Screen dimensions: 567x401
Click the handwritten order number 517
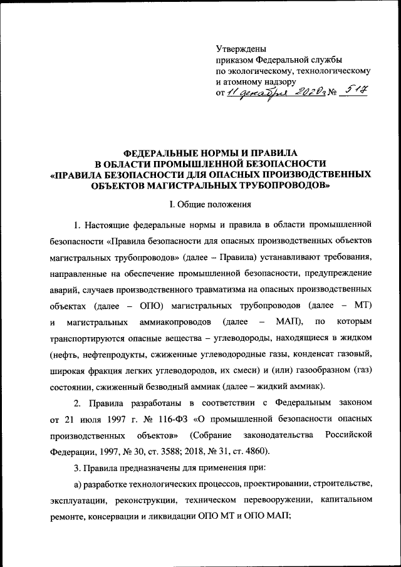355,92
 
